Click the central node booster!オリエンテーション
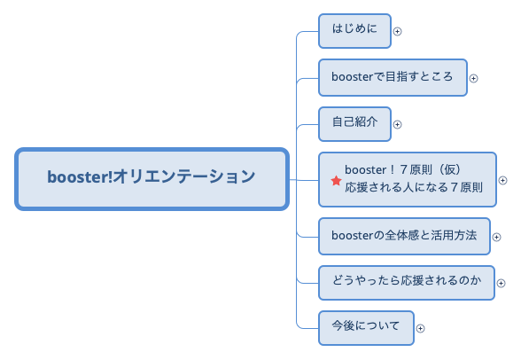pos(152,178)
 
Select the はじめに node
pos(354,30)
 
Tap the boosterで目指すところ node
pos(392,77)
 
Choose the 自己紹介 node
pos(354,123)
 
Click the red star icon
pos(336,181)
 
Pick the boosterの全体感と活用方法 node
pos(403,235)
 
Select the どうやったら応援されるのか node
pos(406,282)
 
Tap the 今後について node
pos(366,326)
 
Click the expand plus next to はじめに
pos(397,31)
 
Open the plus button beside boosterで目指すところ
pos(473,78)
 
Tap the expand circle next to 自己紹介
pos(397,124)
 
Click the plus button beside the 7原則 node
pos(503,180)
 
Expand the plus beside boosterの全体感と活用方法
pos(497,236)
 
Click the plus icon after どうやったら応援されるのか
pos(501,284)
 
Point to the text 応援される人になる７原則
pos(414,189)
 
